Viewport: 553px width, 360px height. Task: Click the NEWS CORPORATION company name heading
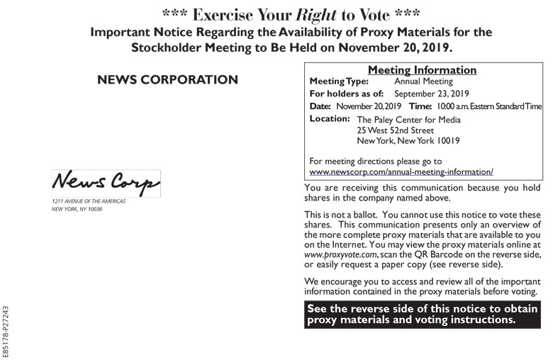167,80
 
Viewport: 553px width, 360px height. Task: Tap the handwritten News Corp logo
106,183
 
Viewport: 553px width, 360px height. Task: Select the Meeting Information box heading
422,70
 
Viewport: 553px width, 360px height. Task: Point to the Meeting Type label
339,81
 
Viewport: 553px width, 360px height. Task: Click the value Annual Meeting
423,81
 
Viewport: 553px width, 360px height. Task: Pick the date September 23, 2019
432,94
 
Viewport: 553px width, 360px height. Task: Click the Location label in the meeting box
330,119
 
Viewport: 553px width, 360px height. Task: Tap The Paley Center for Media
408,120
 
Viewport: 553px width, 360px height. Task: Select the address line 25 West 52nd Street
395,130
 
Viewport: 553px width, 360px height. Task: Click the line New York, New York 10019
408,141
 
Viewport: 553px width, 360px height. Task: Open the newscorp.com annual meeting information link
401,171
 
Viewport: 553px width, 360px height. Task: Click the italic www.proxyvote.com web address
340,254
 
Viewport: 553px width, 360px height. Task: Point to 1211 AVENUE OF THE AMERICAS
89,201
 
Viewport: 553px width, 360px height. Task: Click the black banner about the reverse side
423,314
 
